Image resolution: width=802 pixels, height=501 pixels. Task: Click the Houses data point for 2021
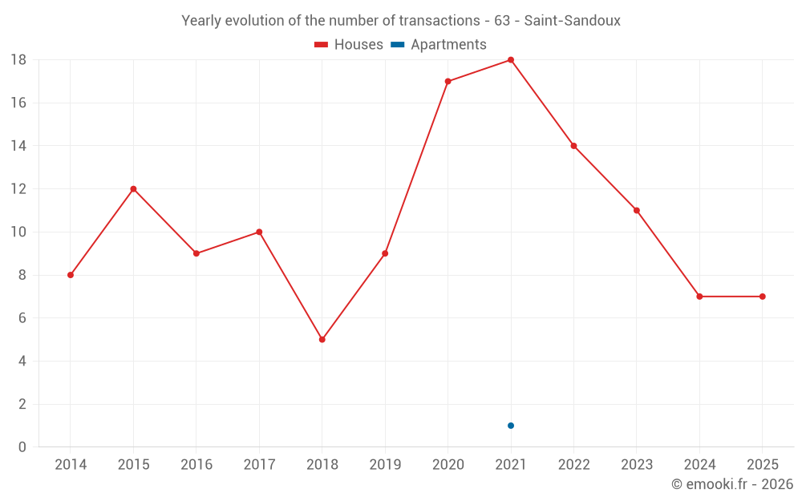(x=511, y=60)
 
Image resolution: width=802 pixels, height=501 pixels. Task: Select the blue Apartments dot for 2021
(x=511, y=426)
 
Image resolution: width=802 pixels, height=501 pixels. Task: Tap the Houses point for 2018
(x=322, y=339)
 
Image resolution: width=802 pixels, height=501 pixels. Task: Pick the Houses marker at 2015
(x=133, y=189)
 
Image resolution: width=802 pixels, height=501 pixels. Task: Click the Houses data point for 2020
(x=448, y=81)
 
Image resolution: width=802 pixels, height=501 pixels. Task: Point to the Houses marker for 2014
(x=71, y=275)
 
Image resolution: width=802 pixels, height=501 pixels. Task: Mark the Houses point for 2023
(x=636, y=210)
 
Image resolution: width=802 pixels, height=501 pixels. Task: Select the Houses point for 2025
(x=762, y=297)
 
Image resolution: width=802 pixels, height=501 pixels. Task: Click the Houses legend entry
(x=349, y=45)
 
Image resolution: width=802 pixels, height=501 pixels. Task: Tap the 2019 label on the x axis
(x=385, y=465)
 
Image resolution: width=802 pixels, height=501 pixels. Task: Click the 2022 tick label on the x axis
(x=573, y=465)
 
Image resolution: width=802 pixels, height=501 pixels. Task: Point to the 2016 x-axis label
(x=196, y=465)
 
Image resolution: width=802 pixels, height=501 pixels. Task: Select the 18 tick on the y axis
(x=18, y=60)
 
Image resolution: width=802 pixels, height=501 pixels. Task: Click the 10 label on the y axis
(x=18, y=232)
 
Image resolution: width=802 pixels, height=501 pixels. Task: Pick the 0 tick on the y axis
(x=22, y=447)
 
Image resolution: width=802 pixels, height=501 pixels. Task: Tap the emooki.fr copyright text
(x=732, y=484)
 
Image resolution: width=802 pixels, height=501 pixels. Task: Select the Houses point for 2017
(x=259, y=232)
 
